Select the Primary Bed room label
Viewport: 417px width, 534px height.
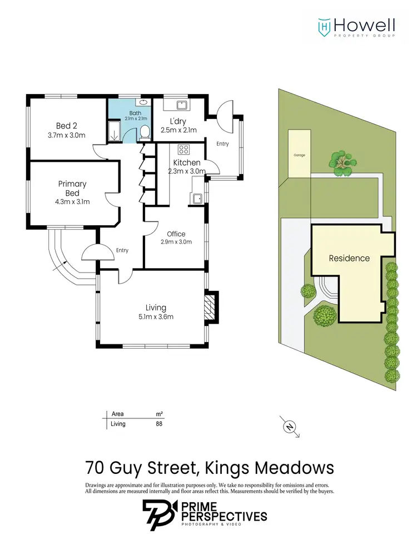(x=73, y=188)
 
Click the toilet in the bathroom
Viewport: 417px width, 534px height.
(x=145, y=132)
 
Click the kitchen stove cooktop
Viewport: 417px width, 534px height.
(x=183, y=149)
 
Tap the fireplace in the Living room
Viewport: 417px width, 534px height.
(x=210, y=306)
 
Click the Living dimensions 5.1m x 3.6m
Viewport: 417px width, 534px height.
(x=156, y=317)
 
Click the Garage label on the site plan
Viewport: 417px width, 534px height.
(x=300, y=155)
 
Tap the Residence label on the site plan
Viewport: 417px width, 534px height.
(x=349, y=258)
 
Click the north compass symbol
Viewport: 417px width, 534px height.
(x=289, y=427)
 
